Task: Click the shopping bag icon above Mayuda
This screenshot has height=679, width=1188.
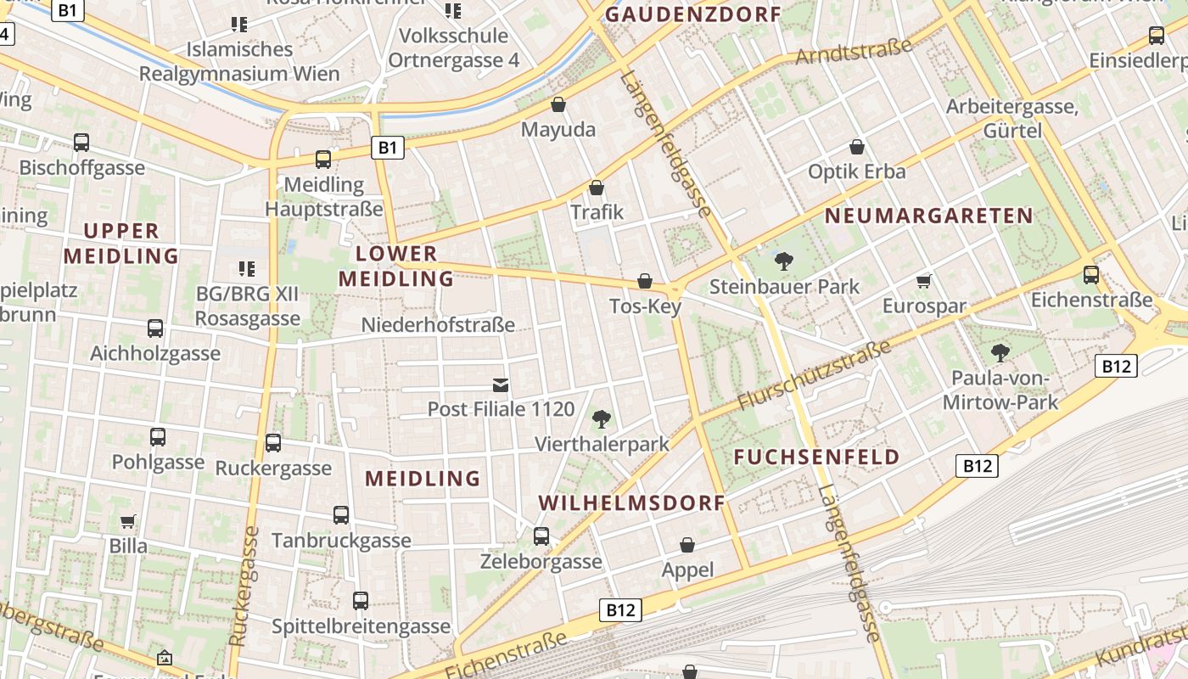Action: pos(558,104)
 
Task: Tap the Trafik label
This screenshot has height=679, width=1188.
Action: pos(597,212)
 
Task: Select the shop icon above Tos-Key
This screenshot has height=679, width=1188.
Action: pos(645,281)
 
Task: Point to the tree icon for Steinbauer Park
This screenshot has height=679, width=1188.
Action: pos(784,261)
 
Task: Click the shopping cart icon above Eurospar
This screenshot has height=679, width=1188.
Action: pos(923,281)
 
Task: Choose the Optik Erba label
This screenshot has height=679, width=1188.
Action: pos(856,171)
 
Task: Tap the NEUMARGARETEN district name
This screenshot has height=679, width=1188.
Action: pos(929,216)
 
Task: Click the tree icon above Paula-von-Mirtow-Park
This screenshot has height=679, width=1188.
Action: pos(1000,352)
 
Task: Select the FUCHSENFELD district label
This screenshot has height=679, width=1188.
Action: pos(816,457)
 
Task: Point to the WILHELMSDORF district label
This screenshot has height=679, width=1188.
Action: pos(632,502)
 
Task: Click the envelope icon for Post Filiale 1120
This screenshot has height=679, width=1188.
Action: pos(501,386)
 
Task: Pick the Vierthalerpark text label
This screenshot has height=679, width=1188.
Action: pos(602,444)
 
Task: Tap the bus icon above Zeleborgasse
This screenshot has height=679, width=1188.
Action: pos(541,536)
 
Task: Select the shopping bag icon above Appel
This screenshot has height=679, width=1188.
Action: pos(687,545)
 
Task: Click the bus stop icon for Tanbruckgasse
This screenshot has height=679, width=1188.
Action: pos(341,515)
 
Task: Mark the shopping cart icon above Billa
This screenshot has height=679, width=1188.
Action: pos(127,521)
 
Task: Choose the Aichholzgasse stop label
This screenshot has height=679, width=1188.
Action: pos(155,353)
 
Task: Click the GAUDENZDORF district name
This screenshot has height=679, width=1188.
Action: pos(692,14)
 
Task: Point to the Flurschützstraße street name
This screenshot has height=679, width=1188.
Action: pos(814,374)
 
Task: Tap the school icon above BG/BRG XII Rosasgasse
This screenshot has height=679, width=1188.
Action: pos(247,269)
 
